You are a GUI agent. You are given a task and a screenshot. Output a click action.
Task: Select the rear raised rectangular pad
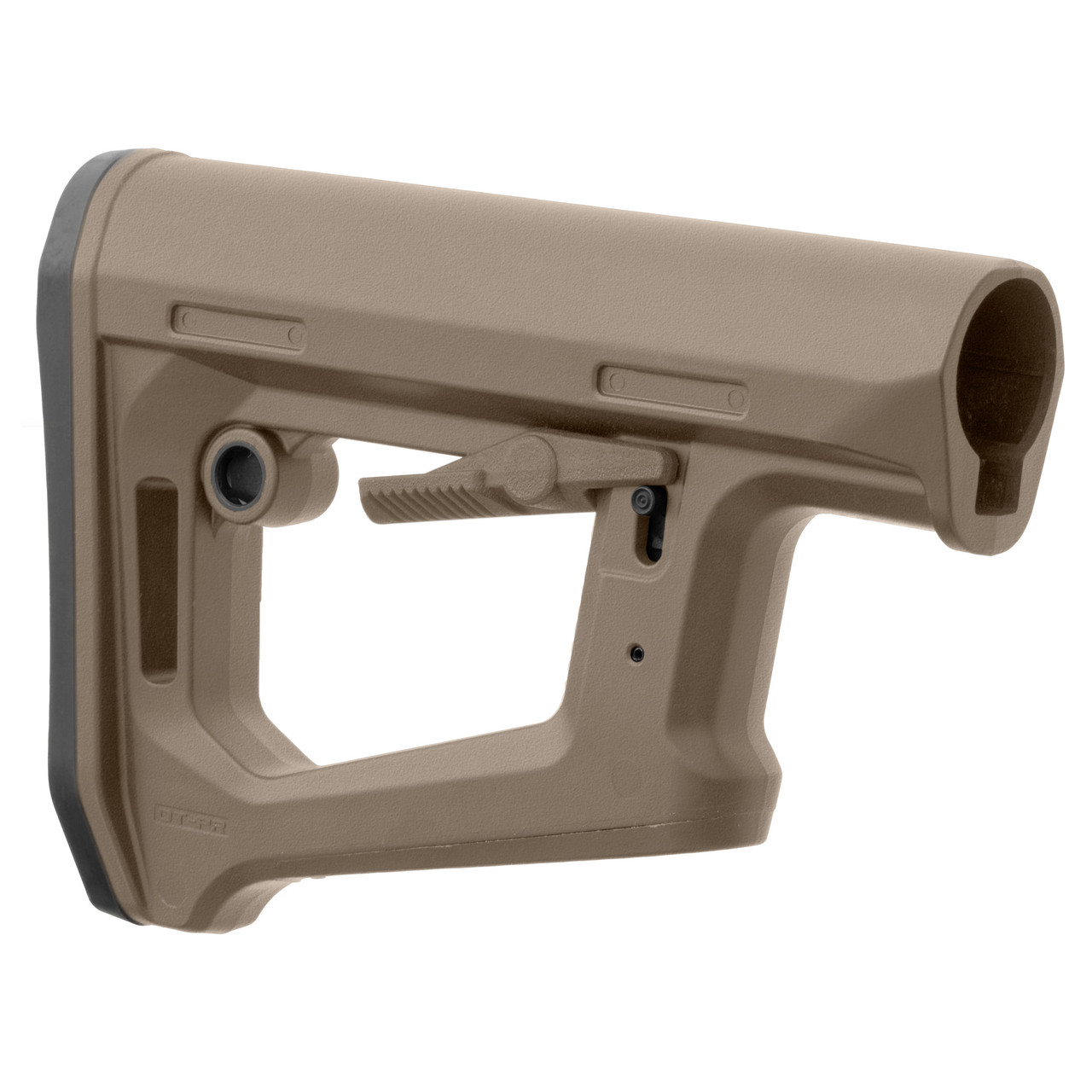pos(238,325)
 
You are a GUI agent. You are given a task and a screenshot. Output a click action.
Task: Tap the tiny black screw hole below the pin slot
pos(636,652)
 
